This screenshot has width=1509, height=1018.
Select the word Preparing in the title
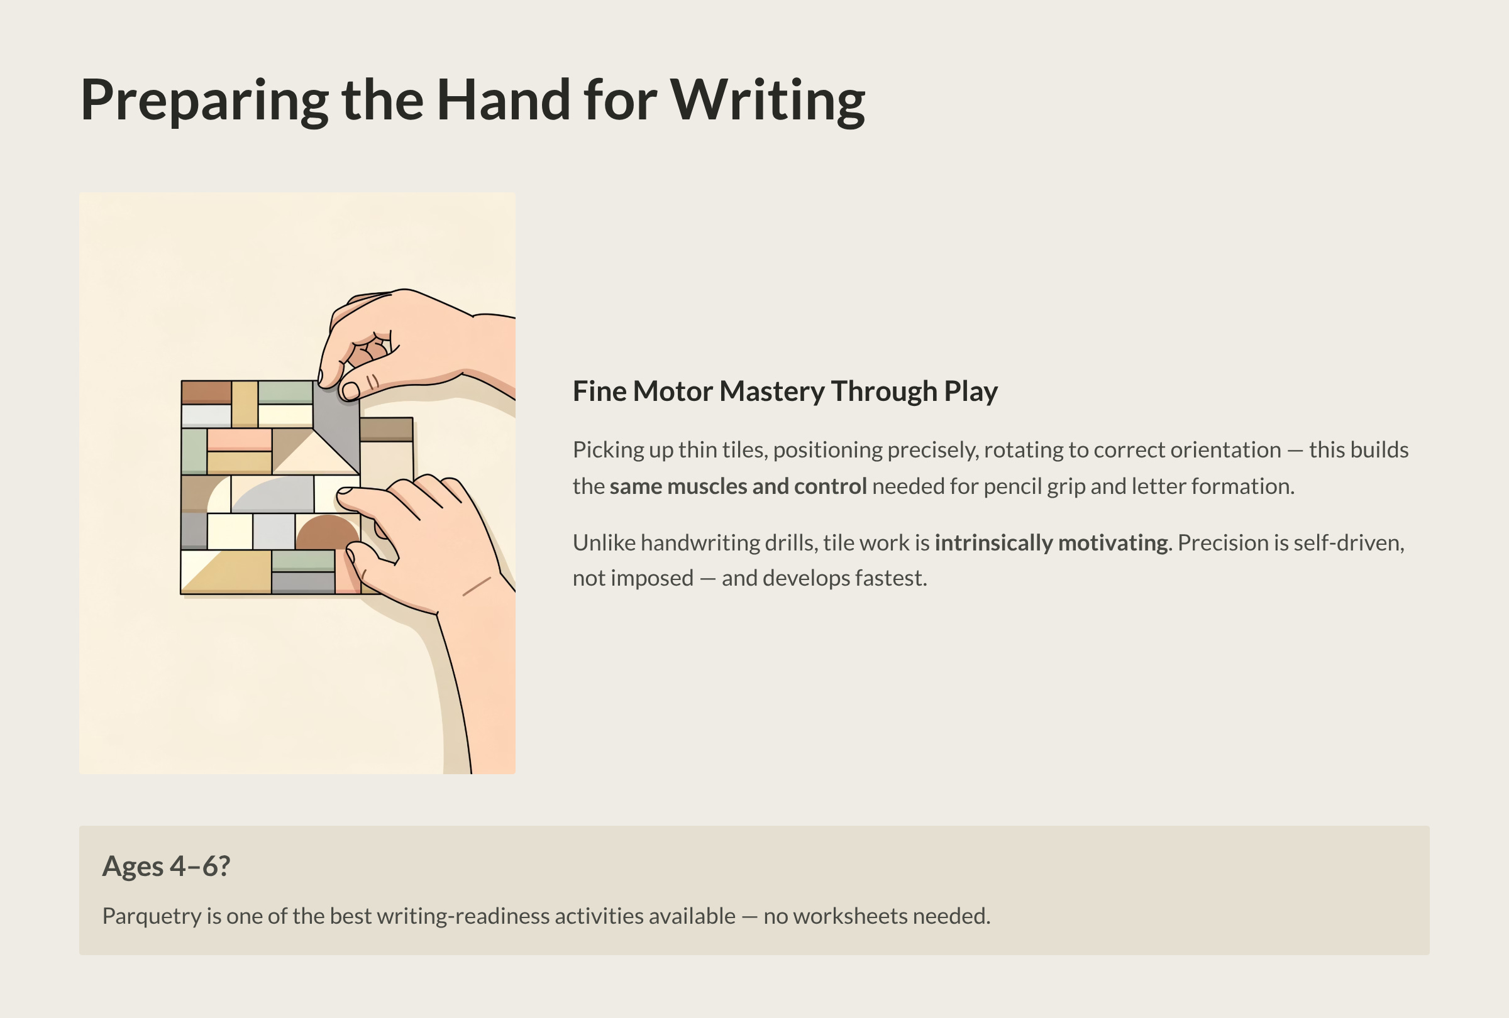tap(204, 101)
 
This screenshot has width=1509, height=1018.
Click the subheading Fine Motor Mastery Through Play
tap(785, 391)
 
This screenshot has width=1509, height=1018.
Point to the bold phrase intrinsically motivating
tap(1051, 542)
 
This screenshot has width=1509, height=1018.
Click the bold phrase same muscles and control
tap(738, 486)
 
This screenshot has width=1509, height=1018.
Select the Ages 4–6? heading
tap(166, 866)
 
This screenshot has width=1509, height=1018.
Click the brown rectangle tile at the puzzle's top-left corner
tap(206, 393)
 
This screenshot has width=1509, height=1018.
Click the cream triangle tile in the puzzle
tap(316, 454)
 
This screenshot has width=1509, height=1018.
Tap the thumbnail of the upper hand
tap(351, 391)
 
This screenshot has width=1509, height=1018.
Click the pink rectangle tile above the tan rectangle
tap(239, 439)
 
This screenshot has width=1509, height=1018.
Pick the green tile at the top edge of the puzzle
tap(285, 393)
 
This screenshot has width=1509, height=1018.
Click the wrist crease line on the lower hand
tap(476, 586)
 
